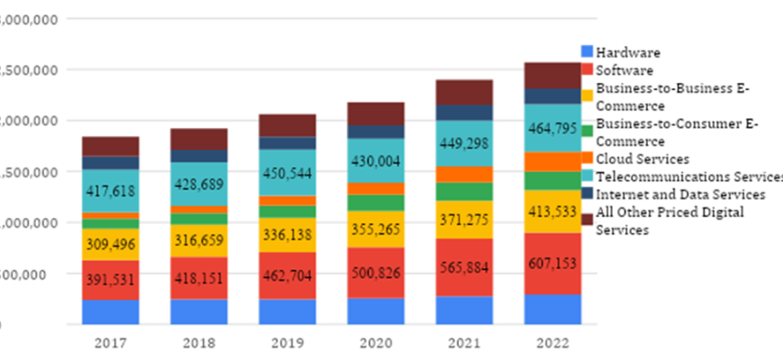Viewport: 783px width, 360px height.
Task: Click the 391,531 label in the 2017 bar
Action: click(110, 280)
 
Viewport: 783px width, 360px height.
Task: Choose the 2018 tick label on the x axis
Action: click(199, 343)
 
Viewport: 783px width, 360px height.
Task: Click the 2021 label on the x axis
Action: click(463, 343)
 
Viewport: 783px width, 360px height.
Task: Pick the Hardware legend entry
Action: click(628, 53)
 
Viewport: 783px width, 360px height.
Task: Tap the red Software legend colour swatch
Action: click(588, 70)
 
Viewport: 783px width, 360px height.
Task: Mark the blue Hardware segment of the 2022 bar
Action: click(552, 309)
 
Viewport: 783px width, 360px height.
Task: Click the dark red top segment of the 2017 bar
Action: click(110, 146)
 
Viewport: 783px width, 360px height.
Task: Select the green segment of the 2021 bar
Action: click(463, 191)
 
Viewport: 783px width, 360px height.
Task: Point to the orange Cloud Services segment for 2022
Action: click(552, 161)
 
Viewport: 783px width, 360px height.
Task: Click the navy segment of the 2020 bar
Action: click(375, 131)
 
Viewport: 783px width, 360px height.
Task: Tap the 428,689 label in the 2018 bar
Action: click(199, 183)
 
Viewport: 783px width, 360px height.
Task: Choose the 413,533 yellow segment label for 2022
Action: click(552, 214)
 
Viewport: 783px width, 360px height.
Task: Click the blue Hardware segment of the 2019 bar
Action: click(287, 311)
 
